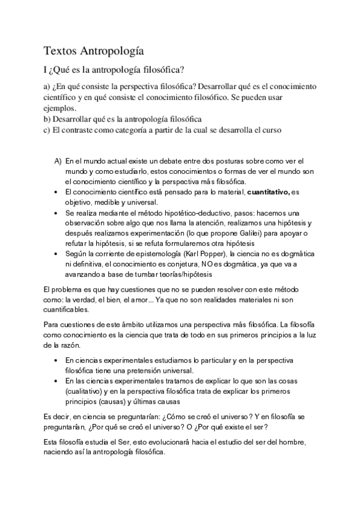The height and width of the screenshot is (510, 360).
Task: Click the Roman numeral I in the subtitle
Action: coord(46,69)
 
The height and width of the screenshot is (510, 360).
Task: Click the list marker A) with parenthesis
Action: coord(58,161)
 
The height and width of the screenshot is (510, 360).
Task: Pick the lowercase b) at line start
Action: coord(48,118)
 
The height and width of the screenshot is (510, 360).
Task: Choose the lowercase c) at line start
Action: coord(47,129)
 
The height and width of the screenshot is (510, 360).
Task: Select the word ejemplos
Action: coord(61,108)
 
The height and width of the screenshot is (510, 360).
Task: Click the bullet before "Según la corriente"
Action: coord(56,254)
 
